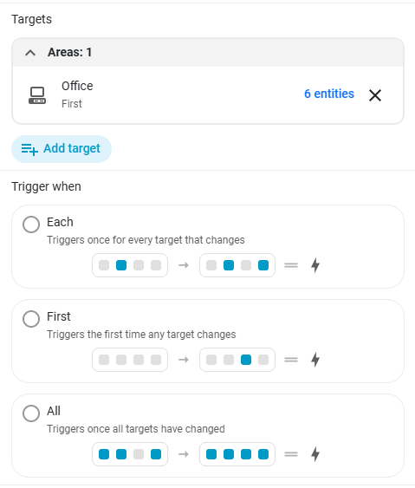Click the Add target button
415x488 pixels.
[62, 149]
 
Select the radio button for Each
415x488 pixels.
[31, 224]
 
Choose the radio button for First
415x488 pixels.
[31, 319]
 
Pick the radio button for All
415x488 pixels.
[31, 413]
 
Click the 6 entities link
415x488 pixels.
[329, 94]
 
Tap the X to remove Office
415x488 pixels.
[375, 95]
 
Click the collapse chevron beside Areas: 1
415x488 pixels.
[30, 53]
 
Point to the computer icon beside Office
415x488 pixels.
[37, 95]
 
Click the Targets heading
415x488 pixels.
[32, 19]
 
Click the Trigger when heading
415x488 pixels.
[47, 186]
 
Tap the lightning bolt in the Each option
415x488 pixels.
[315, 265]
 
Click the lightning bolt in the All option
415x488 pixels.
[315, 454]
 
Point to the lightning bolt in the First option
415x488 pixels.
[315, 360]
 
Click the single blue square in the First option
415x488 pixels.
[246, 360]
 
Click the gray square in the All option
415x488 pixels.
[139, 454]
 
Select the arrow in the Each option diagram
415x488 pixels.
[184, 265]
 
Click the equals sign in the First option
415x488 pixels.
[291, 360]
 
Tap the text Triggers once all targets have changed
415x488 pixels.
[136, 429]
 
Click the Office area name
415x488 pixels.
[77, 86]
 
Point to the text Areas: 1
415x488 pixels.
[69, 52]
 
